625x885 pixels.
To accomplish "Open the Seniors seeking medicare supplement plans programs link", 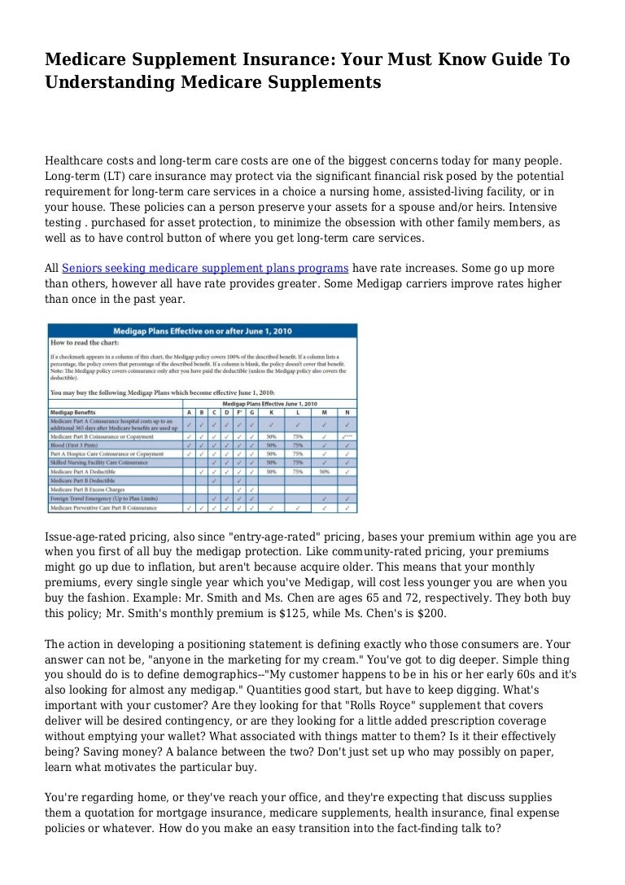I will pyautogui.click(x=205, y=267).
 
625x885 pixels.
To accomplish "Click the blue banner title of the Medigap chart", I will pyautogui.click(x=203, y=331).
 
